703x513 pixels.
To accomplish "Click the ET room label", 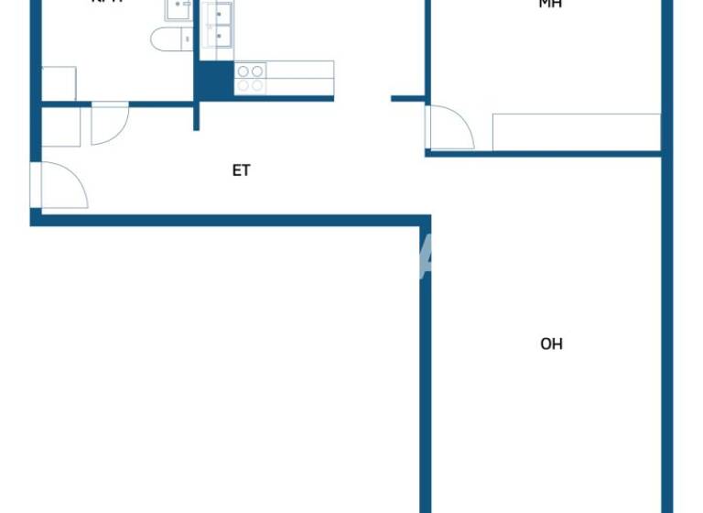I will click(241, 170).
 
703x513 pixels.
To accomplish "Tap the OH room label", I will click(551, 344).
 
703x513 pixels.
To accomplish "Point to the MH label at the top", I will click(550, 5).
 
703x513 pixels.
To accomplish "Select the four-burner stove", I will click(250, 78).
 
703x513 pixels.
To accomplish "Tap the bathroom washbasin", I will click(178, 10).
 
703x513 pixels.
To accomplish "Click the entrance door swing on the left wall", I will click(59, 186).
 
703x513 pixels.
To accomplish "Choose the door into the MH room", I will click(450, 128).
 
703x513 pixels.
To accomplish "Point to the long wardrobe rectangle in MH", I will click(576, 132).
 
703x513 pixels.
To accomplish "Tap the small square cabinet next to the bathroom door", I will click(61, 127).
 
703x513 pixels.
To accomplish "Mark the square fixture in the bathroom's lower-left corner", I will click(59, 83).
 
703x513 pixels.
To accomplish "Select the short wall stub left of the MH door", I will click(407, 98).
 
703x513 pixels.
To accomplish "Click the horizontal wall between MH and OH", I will click(544, 154).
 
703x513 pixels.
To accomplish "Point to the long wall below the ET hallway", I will click(229, 220).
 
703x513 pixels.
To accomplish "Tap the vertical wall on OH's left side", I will click(426, 366).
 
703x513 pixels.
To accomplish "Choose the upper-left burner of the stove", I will click(243, 71).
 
